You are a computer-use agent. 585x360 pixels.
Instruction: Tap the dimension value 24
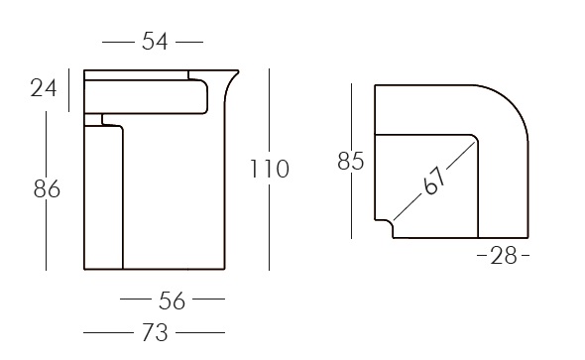pyautogui.click(x=43, y=88)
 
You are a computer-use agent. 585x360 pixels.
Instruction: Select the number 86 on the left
pyautogui.click(x=48, y=188)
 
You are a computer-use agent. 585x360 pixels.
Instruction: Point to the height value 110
pyautogui.click(x=269, y=170)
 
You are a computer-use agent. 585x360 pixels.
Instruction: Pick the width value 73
pyautogui.click(x=155, y=331)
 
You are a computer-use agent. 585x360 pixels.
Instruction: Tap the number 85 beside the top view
pyautogui.click(x=351, y=161)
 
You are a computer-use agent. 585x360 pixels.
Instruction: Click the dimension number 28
pyautogui.click(x=504, y=256)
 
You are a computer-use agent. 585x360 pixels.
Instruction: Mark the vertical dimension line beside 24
pyautogui.click(x=68, y=88)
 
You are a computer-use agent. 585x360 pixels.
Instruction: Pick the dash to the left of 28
pyautogui.click(x=481, y=257)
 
